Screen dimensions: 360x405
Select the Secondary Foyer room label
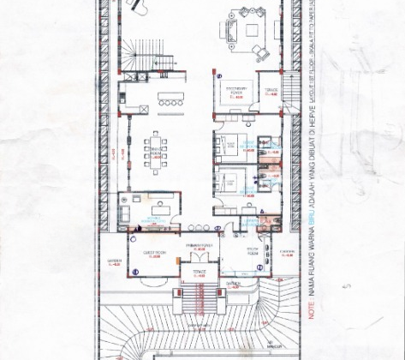click(236, 88)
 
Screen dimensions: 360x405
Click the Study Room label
click(252, 254)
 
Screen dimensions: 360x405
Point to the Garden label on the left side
click(115, 262)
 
